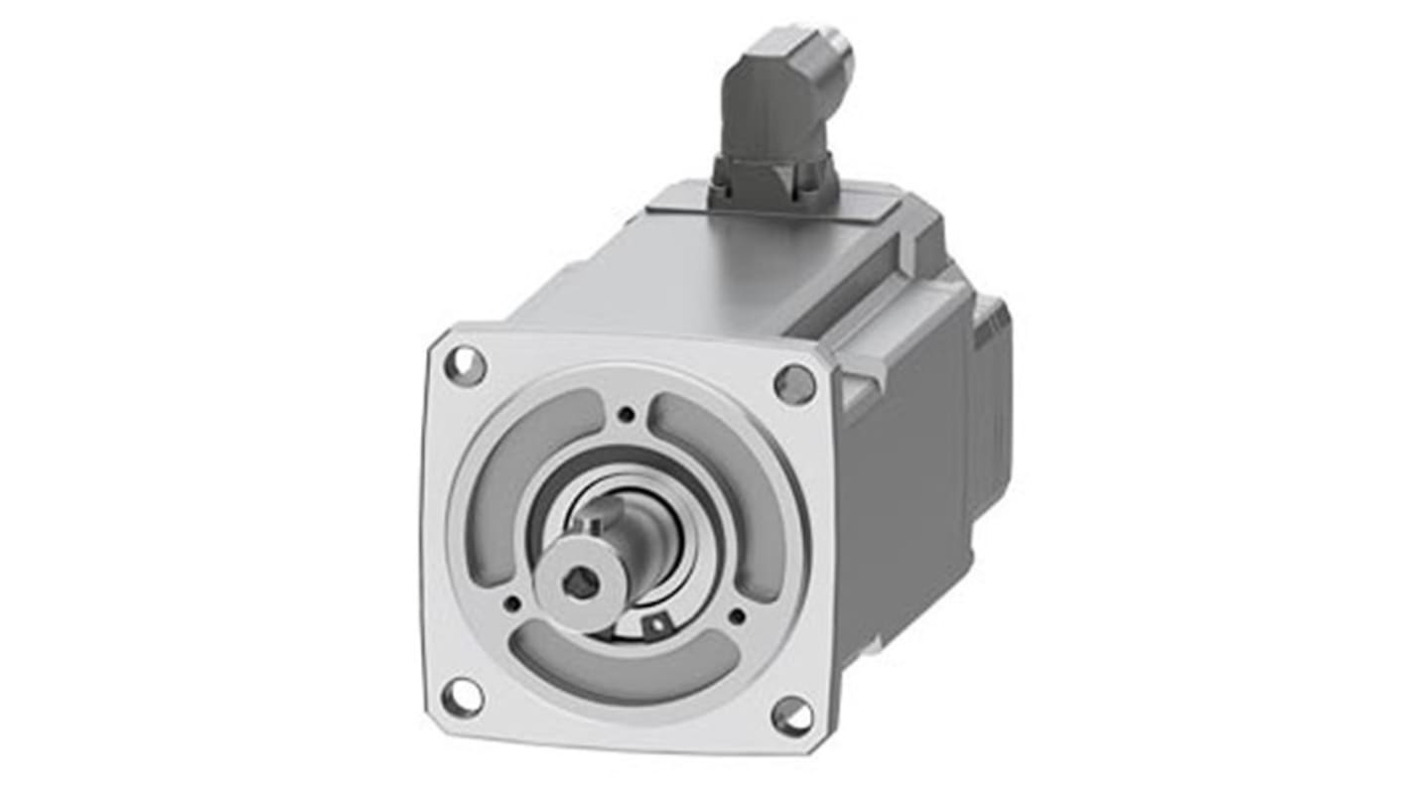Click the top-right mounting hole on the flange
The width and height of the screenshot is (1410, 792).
(794, 383)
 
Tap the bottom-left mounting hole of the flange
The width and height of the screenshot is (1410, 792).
(462, 697)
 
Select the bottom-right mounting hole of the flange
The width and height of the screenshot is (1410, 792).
(791, 716)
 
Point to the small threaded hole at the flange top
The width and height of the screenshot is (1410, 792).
(626, 415)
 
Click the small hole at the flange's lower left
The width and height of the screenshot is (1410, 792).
(511, 602)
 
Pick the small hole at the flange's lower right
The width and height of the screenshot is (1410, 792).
(737, 616)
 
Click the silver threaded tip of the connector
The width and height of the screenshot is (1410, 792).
(839, 55)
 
